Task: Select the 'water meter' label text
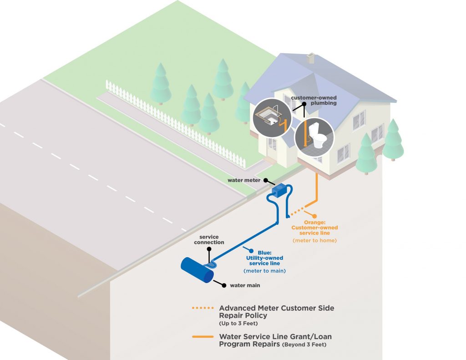(x=244, y=180)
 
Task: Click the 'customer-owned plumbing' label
(x=320, y=100)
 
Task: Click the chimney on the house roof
(x=311, y=58)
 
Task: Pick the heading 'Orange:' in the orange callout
(x=315, y=222)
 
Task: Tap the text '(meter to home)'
(x=315, y=240)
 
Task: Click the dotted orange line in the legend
(x=203, y=309)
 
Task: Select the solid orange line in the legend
(x=203, y=337)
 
